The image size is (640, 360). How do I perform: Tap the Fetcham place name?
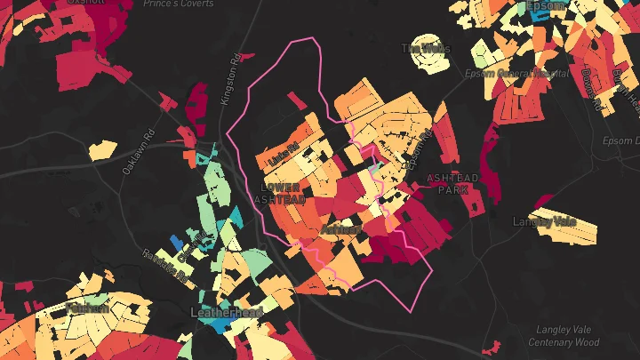click(87, 308)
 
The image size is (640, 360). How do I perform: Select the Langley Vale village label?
click(545, 220)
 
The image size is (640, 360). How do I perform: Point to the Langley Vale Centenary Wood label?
click(564, 336)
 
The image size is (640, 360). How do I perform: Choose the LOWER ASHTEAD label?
click(284, 193)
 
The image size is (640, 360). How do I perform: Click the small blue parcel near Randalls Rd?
click(176, 242)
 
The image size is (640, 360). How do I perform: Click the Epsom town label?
click(545, 7)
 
